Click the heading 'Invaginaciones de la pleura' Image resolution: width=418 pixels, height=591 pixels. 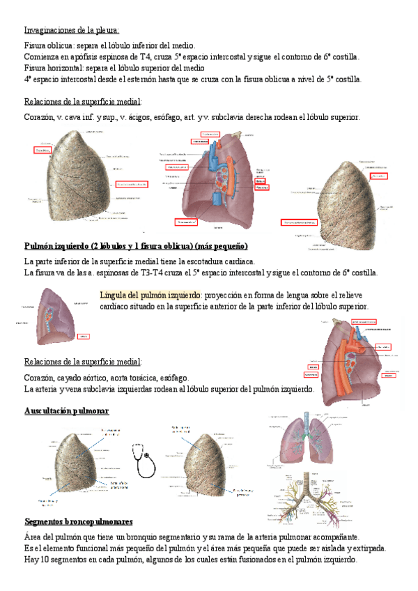coord(72,30)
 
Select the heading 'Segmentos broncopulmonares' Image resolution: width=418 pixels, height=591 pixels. coord(79,521)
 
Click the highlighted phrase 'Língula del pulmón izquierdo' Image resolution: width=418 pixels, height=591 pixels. coord(150,295)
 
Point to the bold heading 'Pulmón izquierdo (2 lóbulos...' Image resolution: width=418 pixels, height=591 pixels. coord(136,246)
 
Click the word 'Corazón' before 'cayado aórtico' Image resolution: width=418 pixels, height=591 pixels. coord(40,377)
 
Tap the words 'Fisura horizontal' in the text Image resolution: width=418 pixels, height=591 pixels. coord(54,68)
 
